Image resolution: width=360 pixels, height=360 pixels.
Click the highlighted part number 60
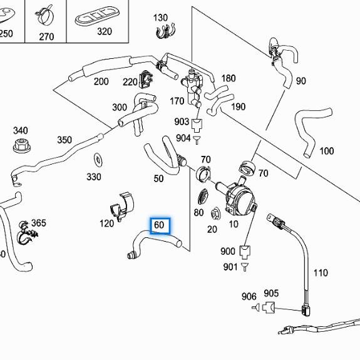coord(159,225)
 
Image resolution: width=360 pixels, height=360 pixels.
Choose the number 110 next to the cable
coord(320,273)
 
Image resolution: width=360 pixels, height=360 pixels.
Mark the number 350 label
coord(64,140)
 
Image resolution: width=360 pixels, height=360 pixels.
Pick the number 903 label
coord(182,121)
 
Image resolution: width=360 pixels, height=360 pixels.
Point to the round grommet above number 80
coord(202,196)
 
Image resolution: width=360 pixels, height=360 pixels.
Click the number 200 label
coord(101,81)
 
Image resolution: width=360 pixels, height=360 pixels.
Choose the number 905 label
coord(271,293)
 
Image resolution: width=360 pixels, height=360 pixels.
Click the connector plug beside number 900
coord(245,252)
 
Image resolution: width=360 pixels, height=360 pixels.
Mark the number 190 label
coord(239,106)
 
